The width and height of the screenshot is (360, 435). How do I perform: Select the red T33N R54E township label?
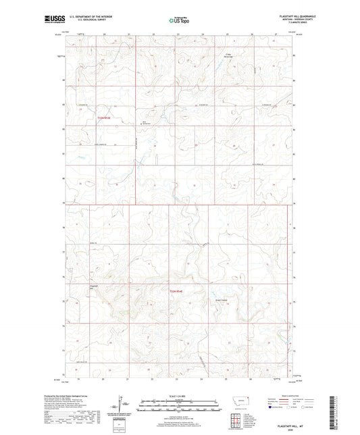click(x=176, y=291)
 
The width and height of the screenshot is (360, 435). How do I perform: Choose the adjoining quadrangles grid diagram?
click(x=237, y=419)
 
